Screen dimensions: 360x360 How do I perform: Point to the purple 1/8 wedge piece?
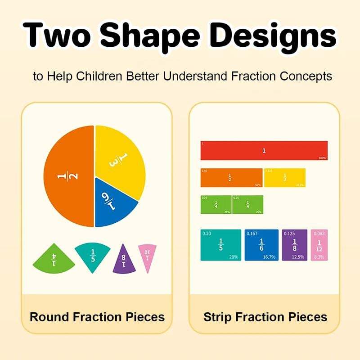click(124, 260)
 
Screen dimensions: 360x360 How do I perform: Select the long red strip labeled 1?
click(264, 150)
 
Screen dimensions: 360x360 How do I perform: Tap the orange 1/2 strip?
click(231, 178)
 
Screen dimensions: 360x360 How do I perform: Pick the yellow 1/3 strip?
click(284, 178)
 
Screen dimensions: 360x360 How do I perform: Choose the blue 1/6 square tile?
click(261, 245)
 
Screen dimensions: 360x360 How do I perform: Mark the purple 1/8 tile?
click(294, 245)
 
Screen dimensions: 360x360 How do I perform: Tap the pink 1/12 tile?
click(319, 245)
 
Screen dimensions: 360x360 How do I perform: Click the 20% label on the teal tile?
click(233, 257)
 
